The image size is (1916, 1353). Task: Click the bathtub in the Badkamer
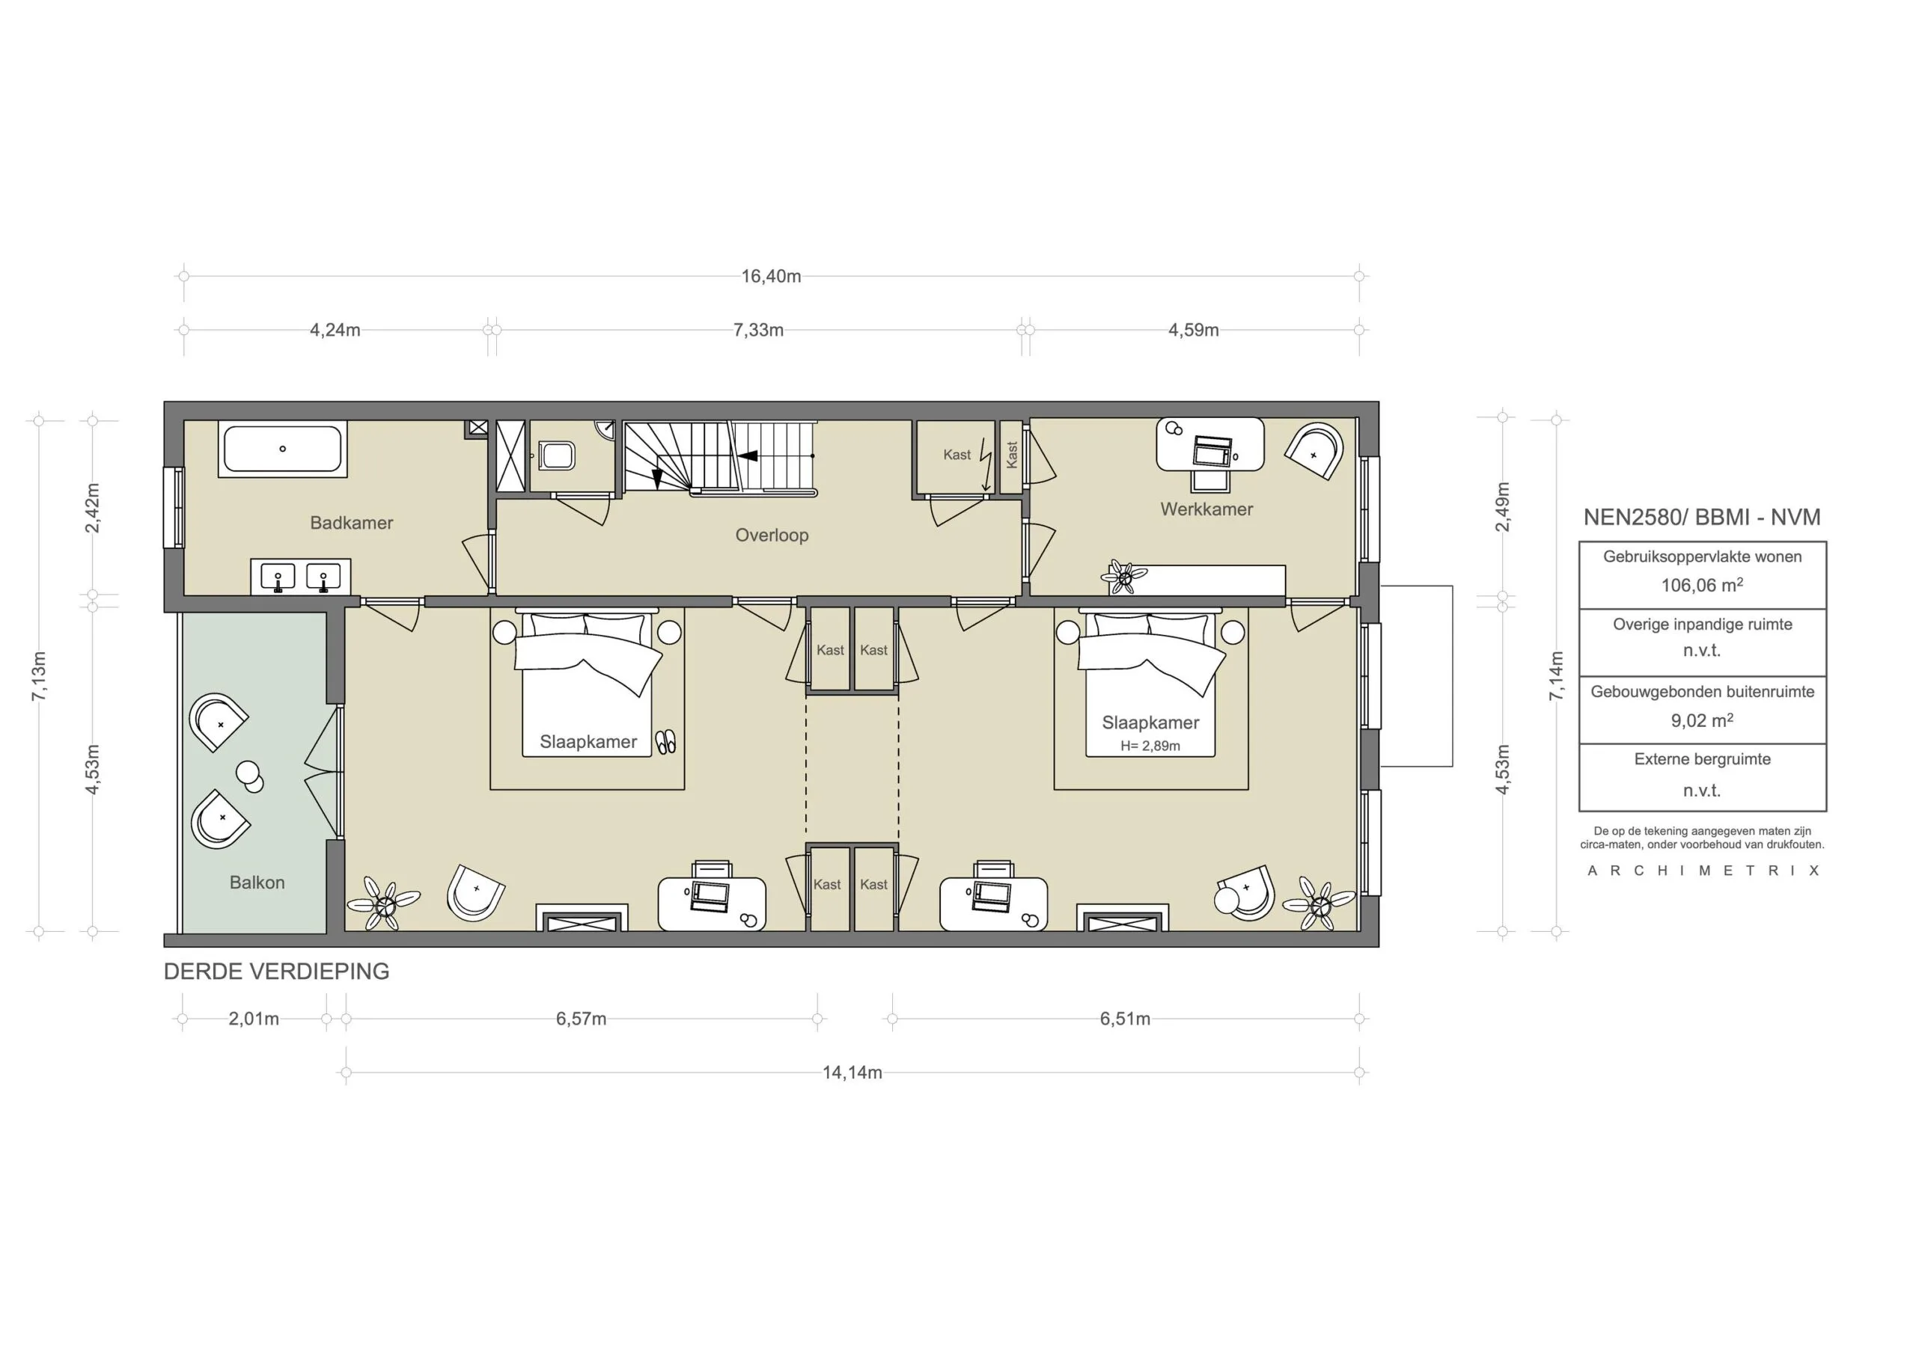click(x=282, y=449)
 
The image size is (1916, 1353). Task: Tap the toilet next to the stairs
click(x=558, y=456)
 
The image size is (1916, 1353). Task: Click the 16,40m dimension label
click(x=770, y=276)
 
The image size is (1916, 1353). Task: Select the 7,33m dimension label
click(x=757, y=330)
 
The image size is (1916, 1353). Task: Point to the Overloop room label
click(x=771, y=536)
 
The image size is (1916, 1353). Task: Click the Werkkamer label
click(x=1206, y=509)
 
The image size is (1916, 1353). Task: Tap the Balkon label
click(x=257, y=883)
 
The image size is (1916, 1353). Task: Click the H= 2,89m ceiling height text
click(x=1150, y=746)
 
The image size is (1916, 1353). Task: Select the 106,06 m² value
click(x=1701, y=585)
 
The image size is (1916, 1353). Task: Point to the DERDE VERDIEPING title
click(x=276, y=971)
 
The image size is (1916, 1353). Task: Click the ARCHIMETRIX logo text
click(x=1703, y=871)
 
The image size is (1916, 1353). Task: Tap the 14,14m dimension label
click(x=851, y=1073)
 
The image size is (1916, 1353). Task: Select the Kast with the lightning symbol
click(x=957, y=455)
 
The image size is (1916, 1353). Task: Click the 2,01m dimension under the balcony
click(x=254, y=1019)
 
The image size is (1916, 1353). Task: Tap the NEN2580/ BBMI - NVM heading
click(x=1701, y=517)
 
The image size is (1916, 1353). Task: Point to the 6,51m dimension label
click(x=1124, y=1019)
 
